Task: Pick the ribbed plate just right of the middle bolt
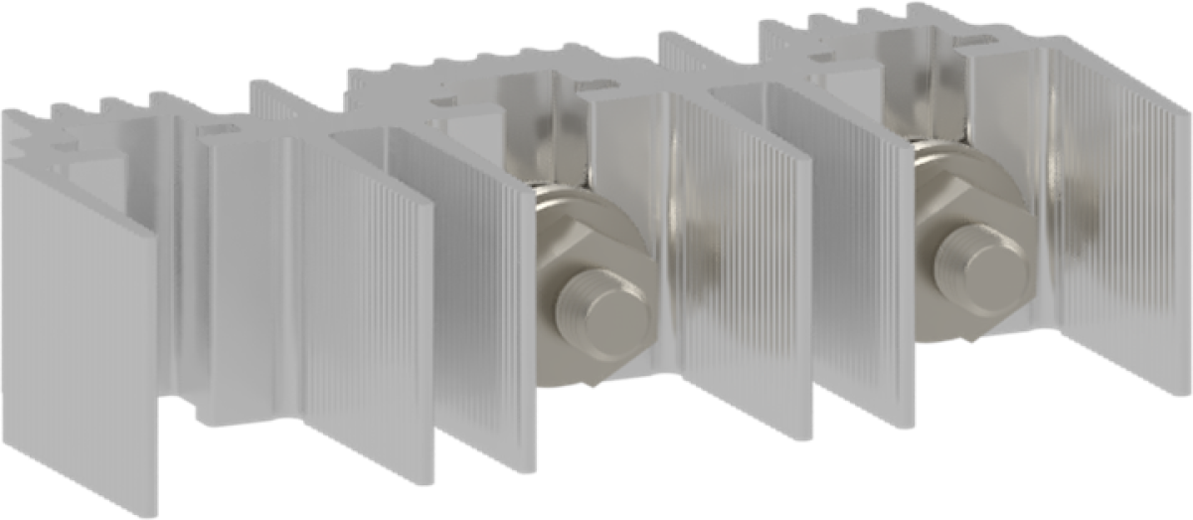click(x=736, y=278)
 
